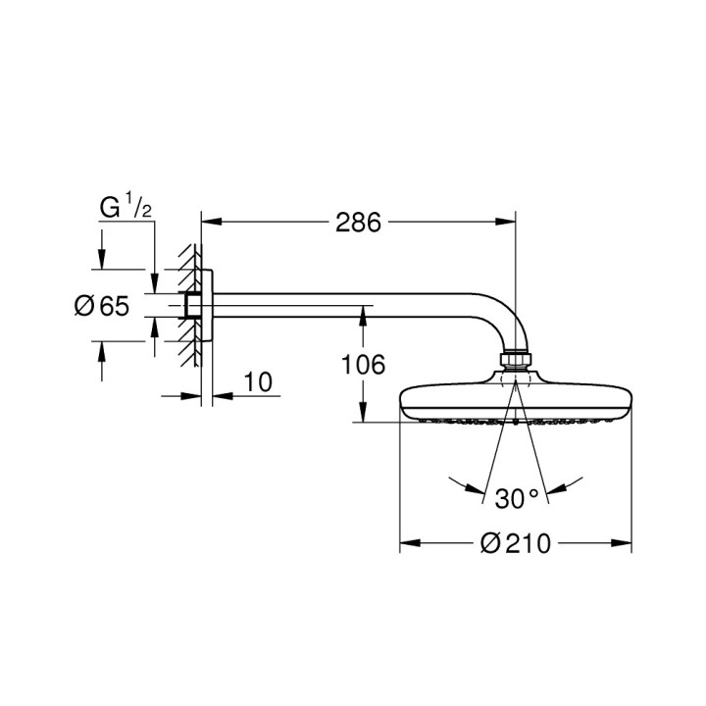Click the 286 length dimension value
coord(358,223)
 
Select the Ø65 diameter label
coord(102,306)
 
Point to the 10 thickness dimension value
coord(256,381)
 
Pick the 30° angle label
coord(517,498)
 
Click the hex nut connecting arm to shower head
coord(516,362)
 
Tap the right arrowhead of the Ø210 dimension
coord(623,541)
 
